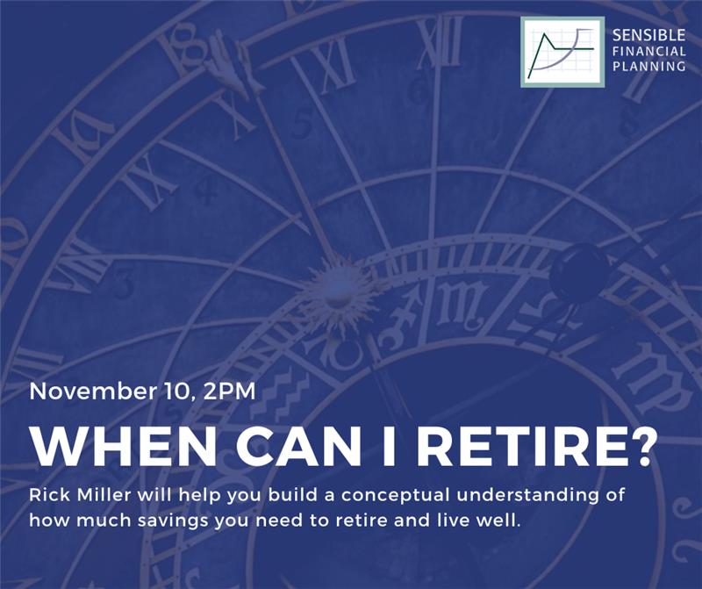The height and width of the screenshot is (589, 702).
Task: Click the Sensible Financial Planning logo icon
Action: [x=562, y=52]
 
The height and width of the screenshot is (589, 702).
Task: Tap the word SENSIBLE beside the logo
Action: [x=648, y=35]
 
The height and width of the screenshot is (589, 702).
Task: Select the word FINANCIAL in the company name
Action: [x=648, y=51]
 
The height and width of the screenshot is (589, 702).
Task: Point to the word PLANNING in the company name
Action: [x=648, y=67]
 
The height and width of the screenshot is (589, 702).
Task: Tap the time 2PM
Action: [x=229, y=391]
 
